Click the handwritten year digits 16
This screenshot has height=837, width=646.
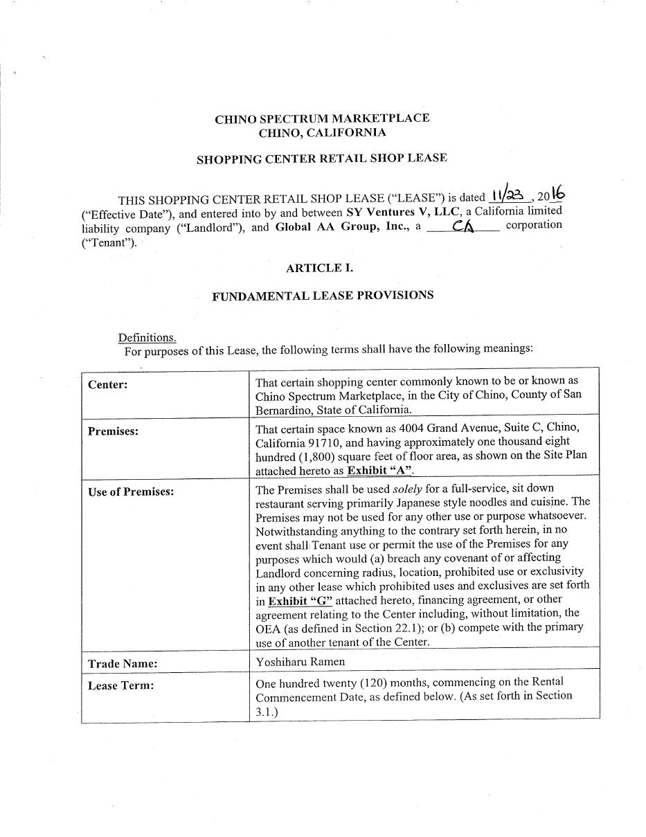pyautogui.click(x=558, y=195)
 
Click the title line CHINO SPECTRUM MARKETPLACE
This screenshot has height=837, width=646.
pyautogui.click(x=322, y=118)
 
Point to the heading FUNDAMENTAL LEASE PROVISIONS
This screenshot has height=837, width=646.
pyautogui.click(x=323, y=296)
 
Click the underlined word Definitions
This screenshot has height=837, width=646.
pyautogui.click(x=147, y=337)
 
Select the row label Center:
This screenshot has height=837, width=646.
pyautogui.click(x=108, y=385)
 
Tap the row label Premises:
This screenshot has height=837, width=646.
pyautogui.click(x=113, y=431)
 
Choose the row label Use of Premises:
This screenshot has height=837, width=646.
pyautogui.click(x=131, y=492)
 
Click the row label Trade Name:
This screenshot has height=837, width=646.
pyautogui.click(x=123, y=663)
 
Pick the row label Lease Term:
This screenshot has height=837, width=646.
pyautogui.click(x=120, y=685)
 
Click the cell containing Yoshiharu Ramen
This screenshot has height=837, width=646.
pyautogui.click(x=300, y=661)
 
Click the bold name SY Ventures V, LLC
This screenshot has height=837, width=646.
pyautogui.click(x=403, y=211)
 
